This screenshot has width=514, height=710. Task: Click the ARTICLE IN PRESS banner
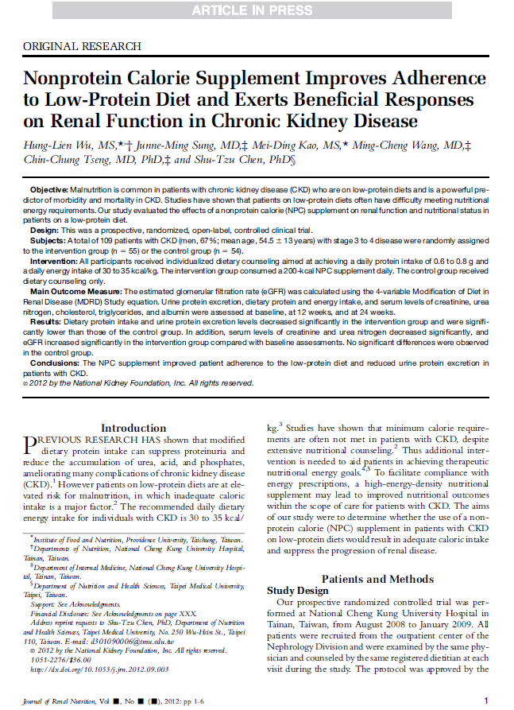click(x=257, y=10)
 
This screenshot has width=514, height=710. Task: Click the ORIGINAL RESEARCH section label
click(x=77, y=46)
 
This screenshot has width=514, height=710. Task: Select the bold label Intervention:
click(x=56, y=260)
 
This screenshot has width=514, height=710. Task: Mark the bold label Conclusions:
click(x=55, y=362)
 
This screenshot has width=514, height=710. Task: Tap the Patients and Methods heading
click(x=377, y=578)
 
